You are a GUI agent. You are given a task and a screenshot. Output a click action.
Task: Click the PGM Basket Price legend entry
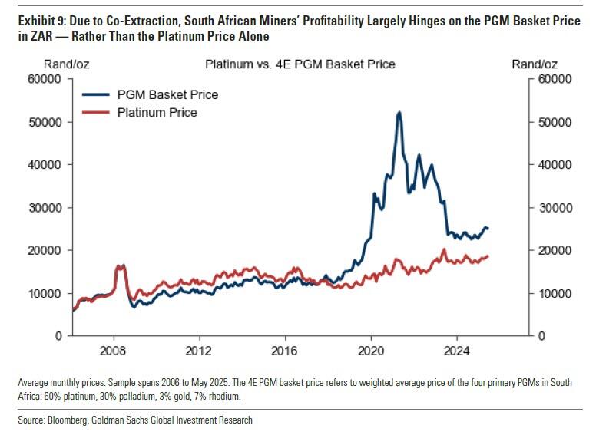pos(167,95)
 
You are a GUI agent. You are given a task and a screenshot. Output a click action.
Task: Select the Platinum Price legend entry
pos(157,113)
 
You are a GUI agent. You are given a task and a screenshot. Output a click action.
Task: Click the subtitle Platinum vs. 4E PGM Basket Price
pos(300,64)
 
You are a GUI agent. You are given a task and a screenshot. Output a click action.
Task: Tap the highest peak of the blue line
pos(399,112)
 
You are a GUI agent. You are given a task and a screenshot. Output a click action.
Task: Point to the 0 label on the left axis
pos(58,336)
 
